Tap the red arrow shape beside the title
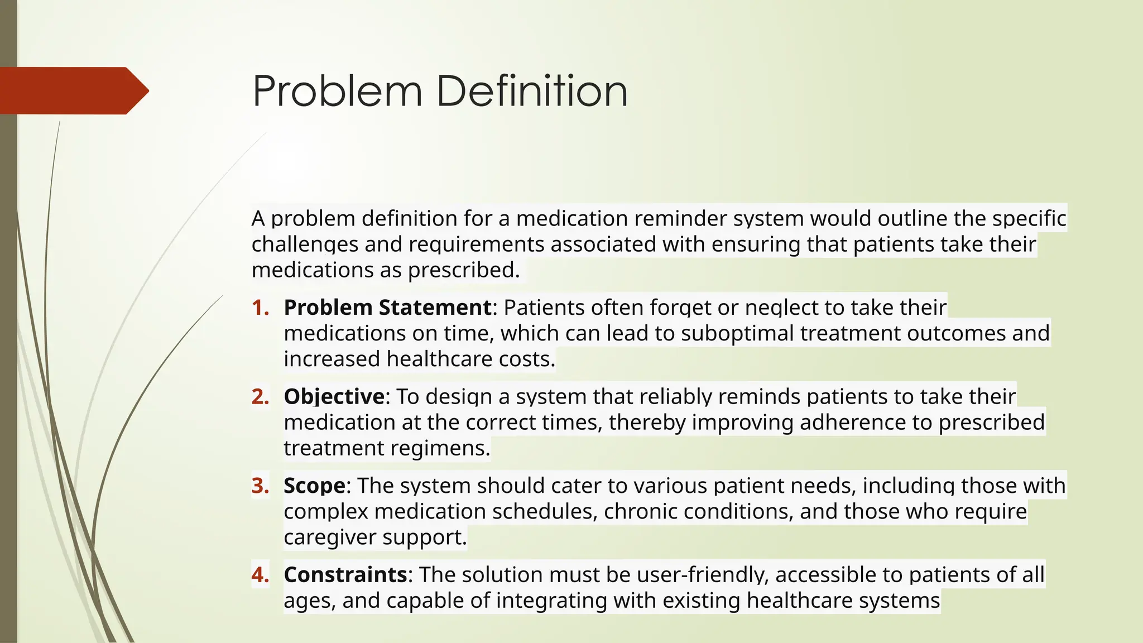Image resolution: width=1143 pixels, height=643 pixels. coord(73,90)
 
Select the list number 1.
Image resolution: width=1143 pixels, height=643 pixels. coord(260,308)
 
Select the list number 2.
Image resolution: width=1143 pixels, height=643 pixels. coord(260,396)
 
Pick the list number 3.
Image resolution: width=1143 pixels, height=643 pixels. coord(260,486)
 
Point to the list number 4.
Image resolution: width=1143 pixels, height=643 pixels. coord(260,574)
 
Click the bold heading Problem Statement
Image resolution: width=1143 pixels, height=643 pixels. coord(387,308)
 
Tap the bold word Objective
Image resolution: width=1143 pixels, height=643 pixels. coord(334,396)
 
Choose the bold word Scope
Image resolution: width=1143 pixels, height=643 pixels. coord(314,486)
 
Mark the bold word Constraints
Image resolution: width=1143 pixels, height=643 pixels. coord(345,574)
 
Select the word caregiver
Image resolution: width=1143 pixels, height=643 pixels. coord(329,537)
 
